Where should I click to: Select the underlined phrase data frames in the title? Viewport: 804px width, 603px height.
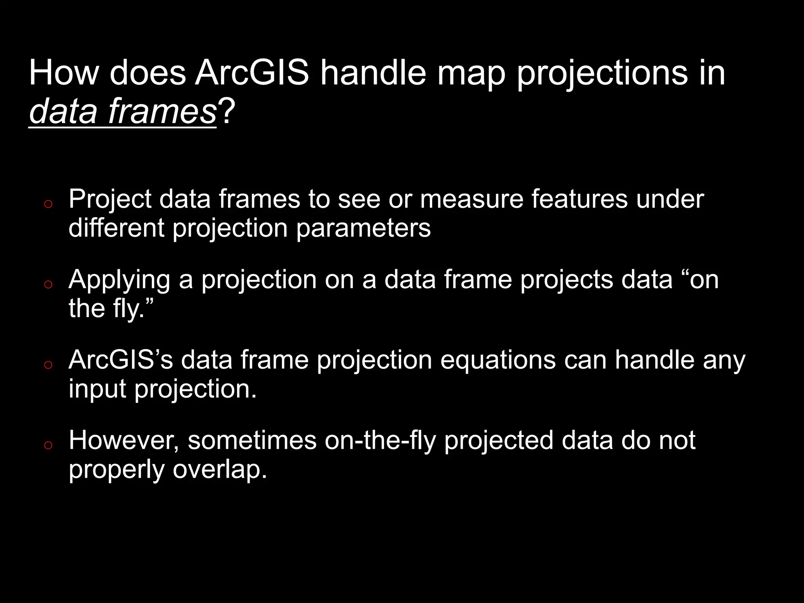coord(122,112)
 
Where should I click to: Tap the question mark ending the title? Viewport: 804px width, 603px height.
coord(227,112)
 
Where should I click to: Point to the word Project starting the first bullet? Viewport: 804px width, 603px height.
coord(110,199)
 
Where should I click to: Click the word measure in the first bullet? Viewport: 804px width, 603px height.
coord(471,199)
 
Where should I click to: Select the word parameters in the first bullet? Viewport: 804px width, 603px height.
coord(363,228)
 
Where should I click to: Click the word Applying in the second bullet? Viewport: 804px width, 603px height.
coord(119,280)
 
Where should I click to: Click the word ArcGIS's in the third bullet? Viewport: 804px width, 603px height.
coord(121,360)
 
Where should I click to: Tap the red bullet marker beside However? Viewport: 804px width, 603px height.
coord(48,445)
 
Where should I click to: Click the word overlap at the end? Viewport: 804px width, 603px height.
coord(219,470)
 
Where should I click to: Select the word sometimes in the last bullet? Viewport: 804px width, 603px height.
coord(252,440)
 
